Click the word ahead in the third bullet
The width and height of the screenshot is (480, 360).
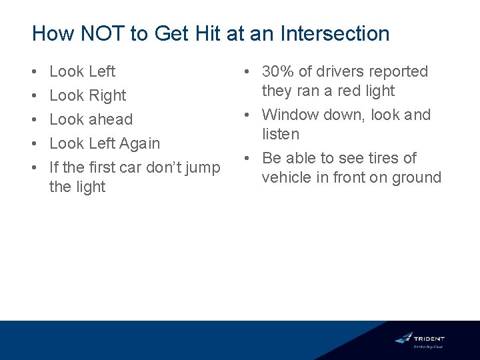coord(110,119)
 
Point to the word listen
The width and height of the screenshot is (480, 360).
coord(281,134)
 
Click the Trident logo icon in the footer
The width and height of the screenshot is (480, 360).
coord(403,337)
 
